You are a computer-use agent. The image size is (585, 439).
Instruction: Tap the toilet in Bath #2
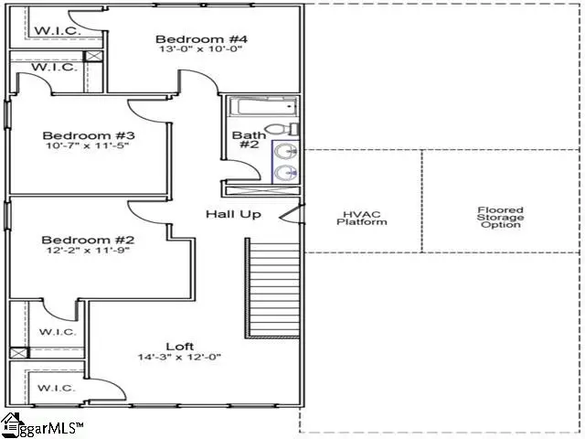(x=284, y=129)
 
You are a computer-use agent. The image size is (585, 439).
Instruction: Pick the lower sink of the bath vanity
(x=285, y=171)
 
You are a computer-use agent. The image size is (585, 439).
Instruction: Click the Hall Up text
(x=233, y=214)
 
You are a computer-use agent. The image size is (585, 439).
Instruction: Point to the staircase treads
(x=271, y=288)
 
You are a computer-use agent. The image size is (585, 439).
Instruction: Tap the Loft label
(x=179, y=346)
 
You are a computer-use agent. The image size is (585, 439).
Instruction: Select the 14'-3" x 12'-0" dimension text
(x=179, y=358)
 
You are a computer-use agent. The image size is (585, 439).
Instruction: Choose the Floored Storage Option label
(x=500, y=217)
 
